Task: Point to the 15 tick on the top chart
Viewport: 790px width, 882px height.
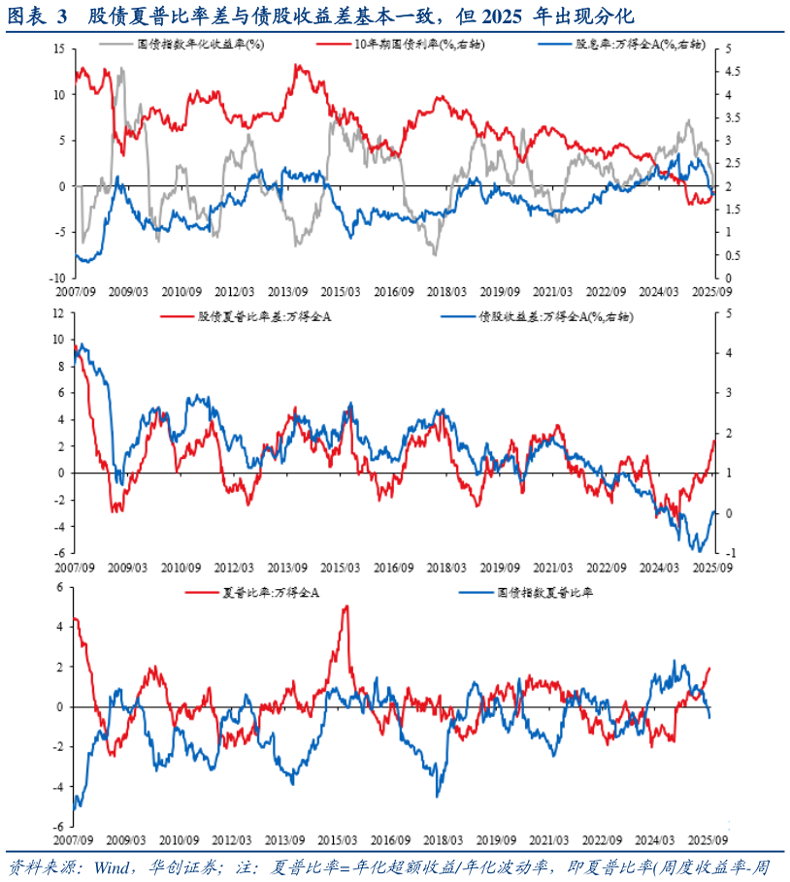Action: pyautogui.click(x=58, y=49)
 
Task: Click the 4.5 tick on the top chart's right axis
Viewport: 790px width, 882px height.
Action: pyautogui.click(x=734, y=72)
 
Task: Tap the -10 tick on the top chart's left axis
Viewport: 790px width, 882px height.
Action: pyautogui.click(x=56, y=278)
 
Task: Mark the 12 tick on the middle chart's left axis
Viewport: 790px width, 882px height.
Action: pyautogui.click(x=58, y=313)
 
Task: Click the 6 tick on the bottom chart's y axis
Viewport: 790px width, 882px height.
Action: pyautogui.click(x=61, y=587)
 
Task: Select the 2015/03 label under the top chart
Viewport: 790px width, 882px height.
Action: pyautogui.click(x=341, y=291)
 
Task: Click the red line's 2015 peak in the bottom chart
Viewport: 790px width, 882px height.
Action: pyautogui.click(x=346, y=606)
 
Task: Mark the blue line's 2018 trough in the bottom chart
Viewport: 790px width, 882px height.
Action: pyautogui.click(x=438, y=796)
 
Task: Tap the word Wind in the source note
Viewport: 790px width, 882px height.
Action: pyautogui.click(x=107, y=866)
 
